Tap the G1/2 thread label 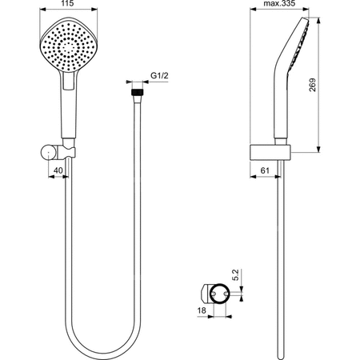click(159, 77)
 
